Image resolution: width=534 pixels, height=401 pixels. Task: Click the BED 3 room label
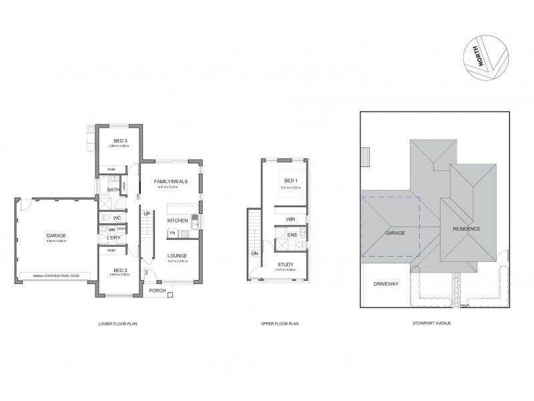[120, 140]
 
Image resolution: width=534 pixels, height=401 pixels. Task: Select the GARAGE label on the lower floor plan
[56, 235]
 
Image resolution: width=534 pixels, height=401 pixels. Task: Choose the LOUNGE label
[177, 255]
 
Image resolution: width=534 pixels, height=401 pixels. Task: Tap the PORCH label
[158, 290]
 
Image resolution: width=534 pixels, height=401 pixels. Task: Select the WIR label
[290, 219]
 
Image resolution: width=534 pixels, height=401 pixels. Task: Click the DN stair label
[255, 254]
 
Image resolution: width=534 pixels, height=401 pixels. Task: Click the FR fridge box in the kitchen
[172, 233]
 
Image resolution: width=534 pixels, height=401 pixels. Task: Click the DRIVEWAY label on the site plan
[386, 284]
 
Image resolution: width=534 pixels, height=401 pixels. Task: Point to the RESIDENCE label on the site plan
[467, 229]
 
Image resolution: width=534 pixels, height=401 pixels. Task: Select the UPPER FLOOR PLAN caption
[279, 323]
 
